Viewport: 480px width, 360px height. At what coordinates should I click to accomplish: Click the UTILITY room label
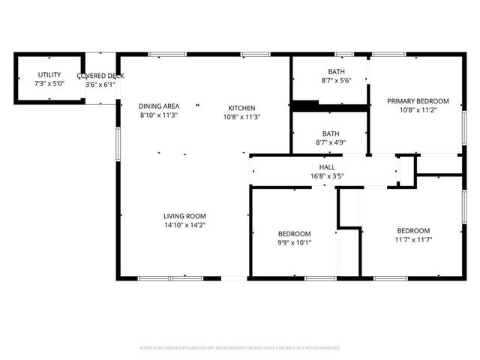tap(49, 75)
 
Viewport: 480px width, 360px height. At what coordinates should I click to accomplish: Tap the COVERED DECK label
tap(100, 76)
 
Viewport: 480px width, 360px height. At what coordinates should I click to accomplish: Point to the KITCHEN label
tap(242, 107)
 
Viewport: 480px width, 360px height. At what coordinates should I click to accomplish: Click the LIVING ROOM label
tap(184, 216)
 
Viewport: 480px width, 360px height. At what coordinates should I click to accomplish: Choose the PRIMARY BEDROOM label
tap(418, 100)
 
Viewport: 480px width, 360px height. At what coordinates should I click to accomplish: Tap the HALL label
tap(327, 167)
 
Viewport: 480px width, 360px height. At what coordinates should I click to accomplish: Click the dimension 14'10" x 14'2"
tap(184, 224)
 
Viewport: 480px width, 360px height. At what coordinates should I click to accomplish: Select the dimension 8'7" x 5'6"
tap(337, 80)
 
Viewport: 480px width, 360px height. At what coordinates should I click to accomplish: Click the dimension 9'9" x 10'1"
tap(294, 242)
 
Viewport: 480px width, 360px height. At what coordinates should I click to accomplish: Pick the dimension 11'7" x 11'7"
tap(413, 239)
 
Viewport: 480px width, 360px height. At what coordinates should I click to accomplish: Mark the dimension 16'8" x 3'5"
tap(327, 176)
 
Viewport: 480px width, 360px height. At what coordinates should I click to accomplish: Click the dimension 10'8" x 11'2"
tap(418, 109)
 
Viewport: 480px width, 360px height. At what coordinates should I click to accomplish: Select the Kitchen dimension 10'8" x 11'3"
tap(242, 116)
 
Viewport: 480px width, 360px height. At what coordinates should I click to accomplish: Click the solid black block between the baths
tap(305, 106)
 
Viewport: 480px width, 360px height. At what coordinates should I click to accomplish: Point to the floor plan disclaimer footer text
tap(240, 348)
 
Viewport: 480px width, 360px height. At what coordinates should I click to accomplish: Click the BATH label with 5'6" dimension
tap(337, 71)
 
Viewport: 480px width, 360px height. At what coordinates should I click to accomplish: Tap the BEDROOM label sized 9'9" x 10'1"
tap(294, 233)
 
